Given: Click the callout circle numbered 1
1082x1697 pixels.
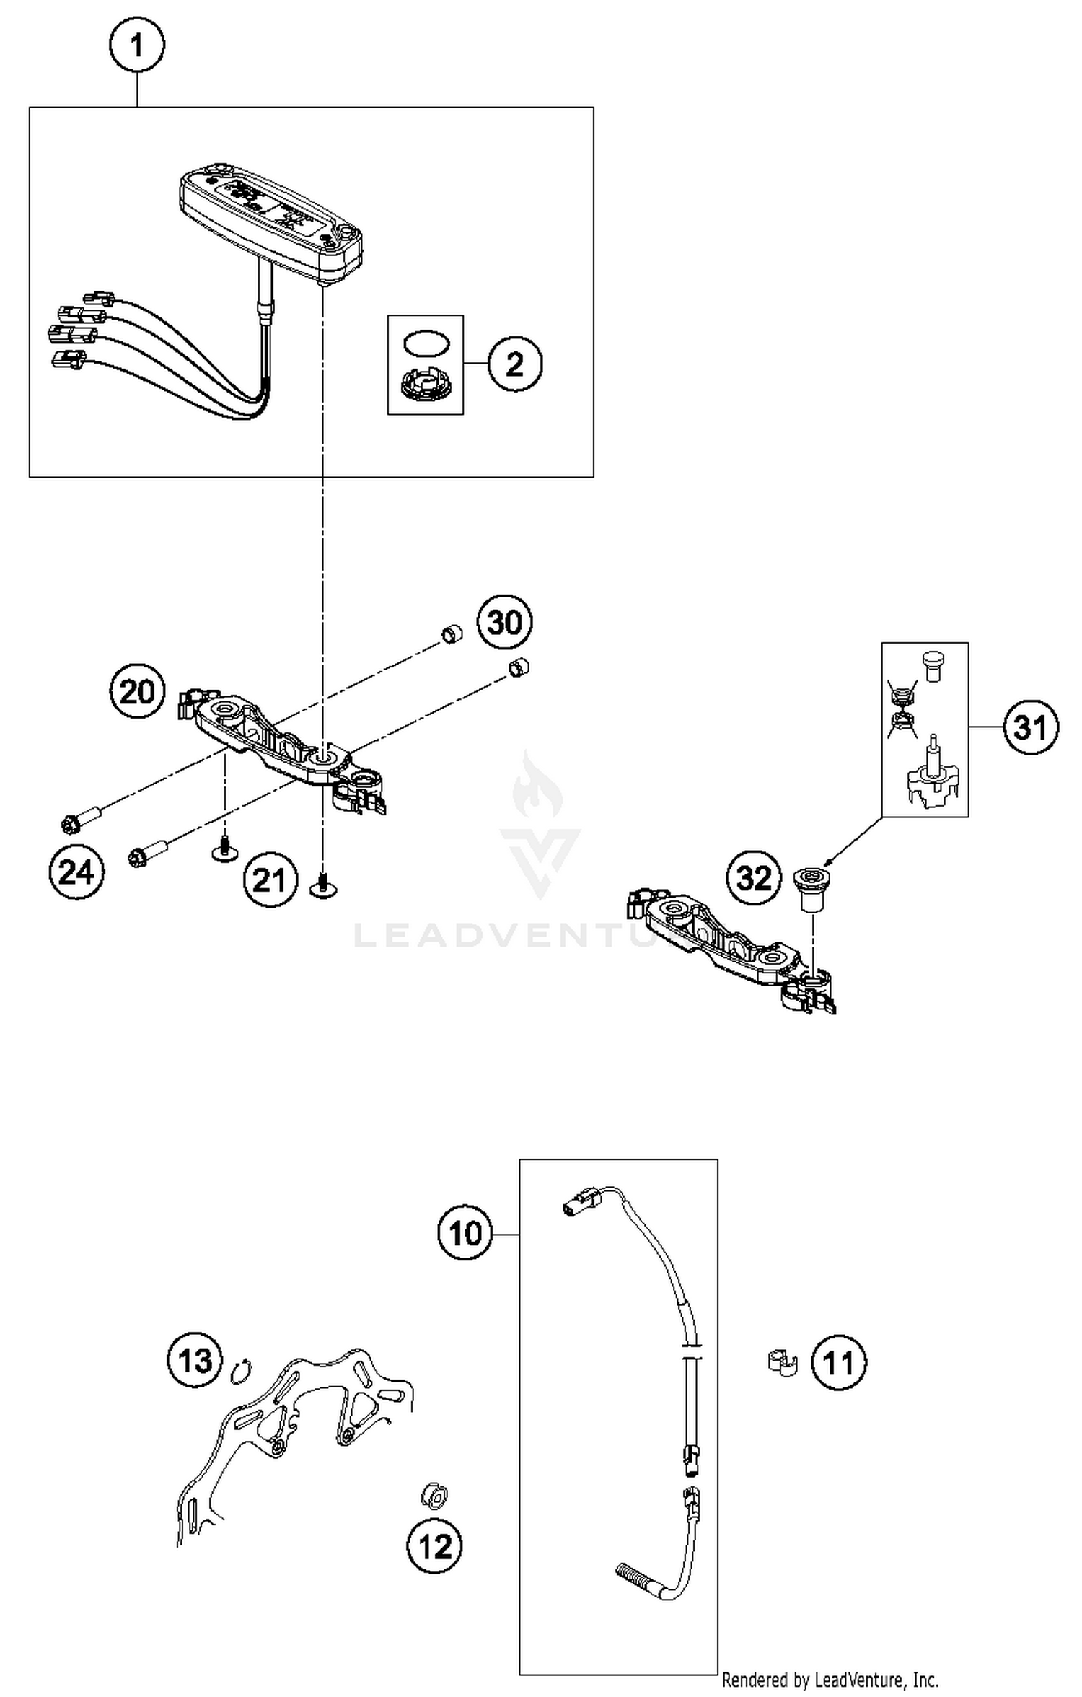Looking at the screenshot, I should click(x=137, y=45).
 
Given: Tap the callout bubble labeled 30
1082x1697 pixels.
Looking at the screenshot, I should click(x=504, y=622).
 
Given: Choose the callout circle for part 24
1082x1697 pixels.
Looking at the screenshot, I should click(x=76, y=872).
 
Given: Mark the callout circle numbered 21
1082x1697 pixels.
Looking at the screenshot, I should click(x=270, y=880).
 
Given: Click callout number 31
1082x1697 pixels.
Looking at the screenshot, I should click(x=1031, y=727).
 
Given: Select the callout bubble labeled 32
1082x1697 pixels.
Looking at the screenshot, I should click(x=754, y=878).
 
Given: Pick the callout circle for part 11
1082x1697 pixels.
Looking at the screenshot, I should click(x=839, y=1363).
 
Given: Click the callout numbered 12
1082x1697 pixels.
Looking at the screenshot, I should click(x=435, y=1546).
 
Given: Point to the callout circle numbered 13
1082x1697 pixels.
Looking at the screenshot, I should click(x=195, y=1360).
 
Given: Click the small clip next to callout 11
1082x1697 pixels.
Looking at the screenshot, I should click(x=781, y=1362).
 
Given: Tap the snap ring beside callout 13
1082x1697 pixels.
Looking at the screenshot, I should click(x=241, y=1371).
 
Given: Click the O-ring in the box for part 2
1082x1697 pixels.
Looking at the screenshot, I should click(x=426, y=343).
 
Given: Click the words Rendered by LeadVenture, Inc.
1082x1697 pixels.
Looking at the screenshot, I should click(x=830, y=1680).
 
